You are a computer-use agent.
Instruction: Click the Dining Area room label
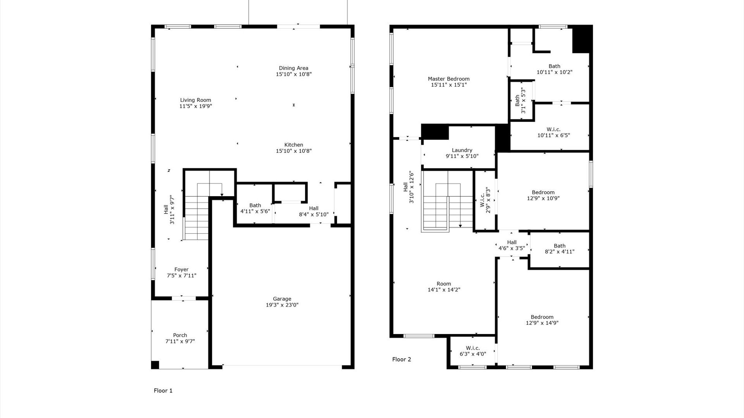coord(293,68)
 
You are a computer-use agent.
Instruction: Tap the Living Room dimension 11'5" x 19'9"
coord(196,106)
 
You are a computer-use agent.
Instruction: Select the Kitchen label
coord(293,145)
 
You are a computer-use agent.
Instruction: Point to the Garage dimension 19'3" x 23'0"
coord(282,305)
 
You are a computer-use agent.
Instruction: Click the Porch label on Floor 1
coord(180,335)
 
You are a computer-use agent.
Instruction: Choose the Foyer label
coord(181,269)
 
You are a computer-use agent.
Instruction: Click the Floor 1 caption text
coord(163,391)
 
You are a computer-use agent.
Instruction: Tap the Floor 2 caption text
coord(401,359)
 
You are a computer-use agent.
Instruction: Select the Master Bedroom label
coord(449,79)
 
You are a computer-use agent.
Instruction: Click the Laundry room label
coord(462,150)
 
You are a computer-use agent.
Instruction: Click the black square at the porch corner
coord(155,365)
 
